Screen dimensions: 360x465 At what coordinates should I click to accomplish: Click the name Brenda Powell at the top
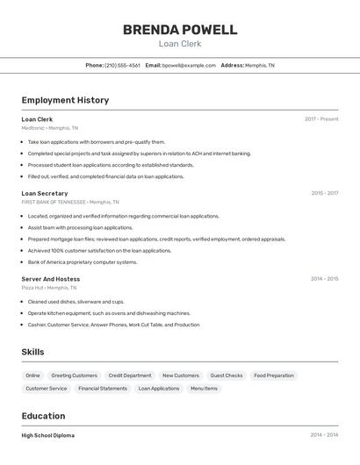(179, 29)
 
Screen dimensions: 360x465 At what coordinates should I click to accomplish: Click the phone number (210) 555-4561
(122, 65)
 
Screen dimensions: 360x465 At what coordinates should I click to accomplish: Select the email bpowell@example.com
(189, 65)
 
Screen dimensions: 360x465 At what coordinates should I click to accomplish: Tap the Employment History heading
(65, 100)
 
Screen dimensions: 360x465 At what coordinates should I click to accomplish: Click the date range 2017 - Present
(321, 119)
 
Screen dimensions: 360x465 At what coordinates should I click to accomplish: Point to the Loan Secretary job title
(45, 193)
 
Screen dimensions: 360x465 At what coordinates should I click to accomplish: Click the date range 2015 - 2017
(324, 193)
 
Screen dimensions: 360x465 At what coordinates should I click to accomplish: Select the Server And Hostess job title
(51, 279)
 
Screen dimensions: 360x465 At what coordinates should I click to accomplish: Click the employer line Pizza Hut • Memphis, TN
(49, 288)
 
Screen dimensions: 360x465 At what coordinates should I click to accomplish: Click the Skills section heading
(33, 352)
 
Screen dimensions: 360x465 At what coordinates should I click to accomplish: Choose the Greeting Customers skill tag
(74, 376)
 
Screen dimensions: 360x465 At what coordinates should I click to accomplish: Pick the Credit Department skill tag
(130, 376)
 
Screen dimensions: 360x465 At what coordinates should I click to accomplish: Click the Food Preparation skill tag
(274, 376)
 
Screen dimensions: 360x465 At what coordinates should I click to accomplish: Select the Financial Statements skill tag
(103, 388)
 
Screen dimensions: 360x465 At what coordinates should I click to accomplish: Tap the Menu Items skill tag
(204, 388)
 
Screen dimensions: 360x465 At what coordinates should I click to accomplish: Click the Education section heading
(43, 416)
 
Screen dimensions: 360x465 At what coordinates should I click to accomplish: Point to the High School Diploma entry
(48, 435)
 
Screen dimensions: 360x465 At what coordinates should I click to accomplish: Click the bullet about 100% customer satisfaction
(99, 250)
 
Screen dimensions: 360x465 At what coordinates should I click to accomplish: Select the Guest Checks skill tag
(227, 376)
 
